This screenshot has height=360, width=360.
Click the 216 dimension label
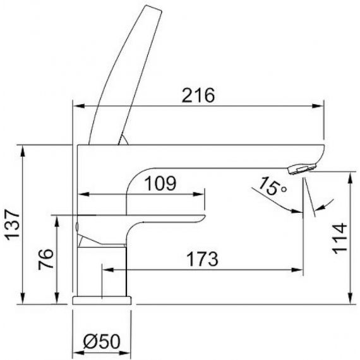coord(198,95)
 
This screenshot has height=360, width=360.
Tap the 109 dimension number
coord(161,183)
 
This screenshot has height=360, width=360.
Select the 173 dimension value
coord(202,259)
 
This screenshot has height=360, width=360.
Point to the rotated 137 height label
coord(13,225)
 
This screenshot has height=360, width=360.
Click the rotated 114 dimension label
coord(340,238)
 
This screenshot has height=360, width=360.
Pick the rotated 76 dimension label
coord(46,260)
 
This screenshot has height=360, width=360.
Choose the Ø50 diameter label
coord(102,342)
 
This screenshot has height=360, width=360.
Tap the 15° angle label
coord(272,186)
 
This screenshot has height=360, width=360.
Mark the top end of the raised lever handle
coord(153,8)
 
